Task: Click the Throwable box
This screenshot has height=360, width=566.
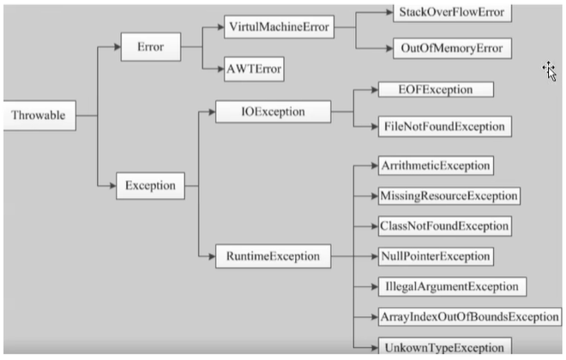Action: click(x=39, y=116)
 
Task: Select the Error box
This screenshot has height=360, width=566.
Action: click(x=151, y=47)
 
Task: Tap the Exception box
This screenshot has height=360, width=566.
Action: click(x=151, y=186)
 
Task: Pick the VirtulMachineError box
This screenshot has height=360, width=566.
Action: click(x=279, y=27)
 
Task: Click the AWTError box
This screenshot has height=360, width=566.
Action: click(x=254, y=69)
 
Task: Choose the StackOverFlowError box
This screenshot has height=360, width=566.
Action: click(x=452, y=13)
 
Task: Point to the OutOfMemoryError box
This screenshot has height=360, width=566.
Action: click(x=452, y=48)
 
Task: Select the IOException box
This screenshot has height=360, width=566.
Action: click(x=274, y=111)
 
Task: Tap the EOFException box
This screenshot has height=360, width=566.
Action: click(x=436, y=89)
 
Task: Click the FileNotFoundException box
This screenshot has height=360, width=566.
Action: click(x=445, y=127)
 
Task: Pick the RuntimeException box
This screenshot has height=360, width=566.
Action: click(x=274, y=256)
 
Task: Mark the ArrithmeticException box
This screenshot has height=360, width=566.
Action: click(x=436, y=165)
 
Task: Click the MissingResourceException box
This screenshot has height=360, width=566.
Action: click(x=449, y=196)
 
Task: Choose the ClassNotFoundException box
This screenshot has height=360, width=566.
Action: click(x=445, y=226)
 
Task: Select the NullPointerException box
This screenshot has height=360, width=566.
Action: click(x=436, y=256)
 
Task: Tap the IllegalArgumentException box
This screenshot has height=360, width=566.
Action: click(x=452, y=287)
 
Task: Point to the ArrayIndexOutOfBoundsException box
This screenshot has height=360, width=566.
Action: click(x=470, y=316)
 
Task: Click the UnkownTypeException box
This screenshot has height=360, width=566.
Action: click(x=445, y=346)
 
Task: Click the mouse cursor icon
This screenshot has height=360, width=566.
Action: click(x=550, y=71)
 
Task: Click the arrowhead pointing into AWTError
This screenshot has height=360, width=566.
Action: click(x=220, y=69)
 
